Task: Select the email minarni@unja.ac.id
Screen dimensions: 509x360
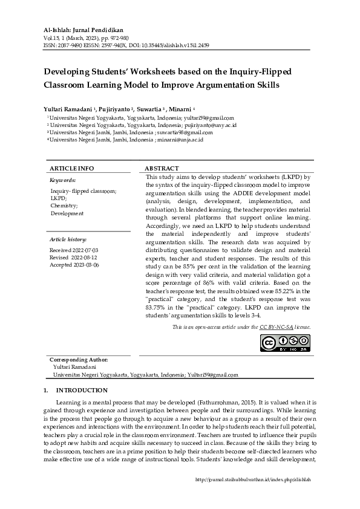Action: click(x=180, y=140)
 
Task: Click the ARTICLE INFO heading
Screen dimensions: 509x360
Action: click(x=71, y=168)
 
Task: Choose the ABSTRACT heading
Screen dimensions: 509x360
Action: click(x=162, y=168)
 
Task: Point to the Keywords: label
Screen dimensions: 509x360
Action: click(x=62, y=180)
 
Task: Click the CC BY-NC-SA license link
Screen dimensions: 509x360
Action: click(x=277, y=326)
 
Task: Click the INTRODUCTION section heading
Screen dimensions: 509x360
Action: click(x=82, y=391)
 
